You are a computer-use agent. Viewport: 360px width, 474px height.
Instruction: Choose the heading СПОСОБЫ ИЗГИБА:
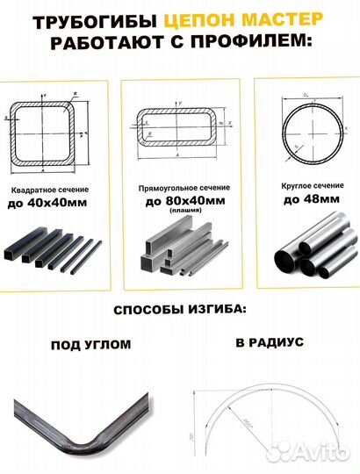pyautogui.click(x=179, y=312)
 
